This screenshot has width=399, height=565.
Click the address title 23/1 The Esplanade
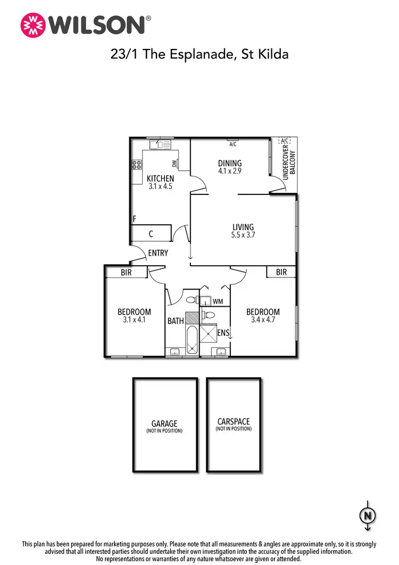pos(199,54)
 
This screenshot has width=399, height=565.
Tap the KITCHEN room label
pos(160,178)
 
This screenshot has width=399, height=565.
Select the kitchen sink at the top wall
pos(159,144)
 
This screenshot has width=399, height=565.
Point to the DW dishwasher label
pos(174,163)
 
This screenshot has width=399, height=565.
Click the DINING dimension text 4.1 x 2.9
pos(230,171)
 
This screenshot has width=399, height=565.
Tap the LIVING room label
pos(243,227)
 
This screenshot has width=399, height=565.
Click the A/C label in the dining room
pos(232,144)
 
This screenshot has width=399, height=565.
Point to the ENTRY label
pos(158,253)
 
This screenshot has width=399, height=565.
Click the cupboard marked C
pos(151,233)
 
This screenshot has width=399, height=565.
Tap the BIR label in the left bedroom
pos(126,273)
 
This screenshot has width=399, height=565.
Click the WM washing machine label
pos(217,301)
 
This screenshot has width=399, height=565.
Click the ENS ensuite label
pos(223,333)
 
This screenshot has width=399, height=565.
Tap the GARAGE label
pos(164,424)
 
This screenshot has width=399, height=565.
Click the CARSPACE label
pos(234,421)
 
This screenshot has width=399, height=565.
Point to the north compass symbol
pos(367,516)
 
